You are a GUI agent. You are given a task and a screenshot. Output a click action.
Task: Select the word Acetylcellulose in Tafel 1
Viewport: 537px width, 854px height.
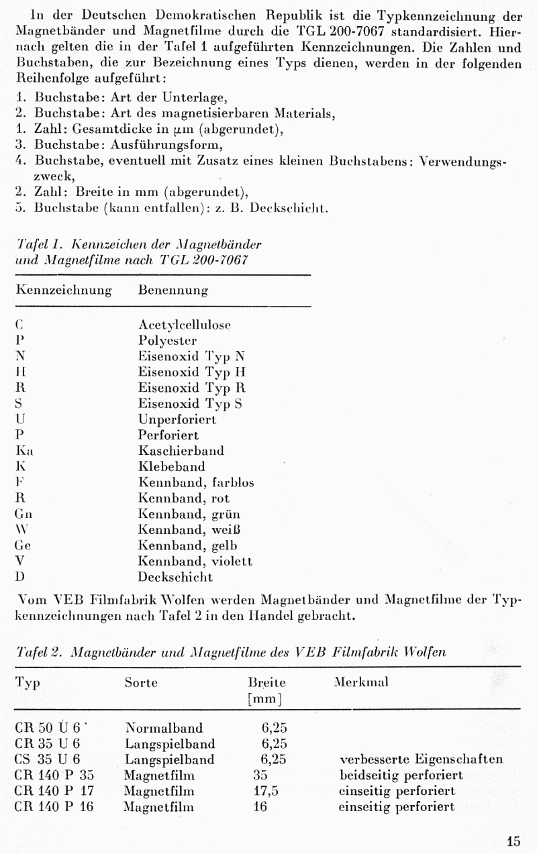pos(184,325)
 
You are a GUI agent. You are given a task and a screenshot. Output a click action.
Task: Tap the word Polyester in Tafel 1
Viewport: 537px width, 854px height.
pos(167,341)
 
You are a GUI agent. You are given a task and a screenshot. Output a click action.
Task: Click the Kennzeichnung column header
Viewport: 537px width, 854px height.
pos(63,290)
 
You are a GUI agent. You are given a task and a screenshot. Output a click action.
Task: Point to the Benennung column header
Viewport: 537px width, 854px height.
pos(173,290)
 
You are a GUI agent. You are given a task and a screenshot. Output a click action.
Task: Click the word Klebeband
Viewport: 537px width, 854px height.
pos(171,467)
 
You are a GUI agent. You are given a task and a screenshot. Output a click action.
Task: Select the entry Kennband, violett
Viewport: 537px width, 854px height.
pos(195,561)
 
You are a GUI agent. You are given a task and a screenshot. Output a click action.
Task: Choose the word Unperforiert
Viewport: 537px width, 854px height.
pos(177,420)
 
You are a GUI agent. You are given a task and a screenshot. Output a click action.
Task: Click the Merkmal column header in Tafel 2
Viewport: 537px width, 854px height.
pos(360,682)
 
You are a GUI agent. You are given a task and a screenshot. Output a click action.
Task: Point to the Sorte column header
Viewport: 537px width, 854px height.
pos(141,682)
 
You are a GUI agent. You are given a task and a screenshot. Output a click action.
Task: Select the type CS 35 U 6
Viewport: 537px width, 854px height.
pos(47,759)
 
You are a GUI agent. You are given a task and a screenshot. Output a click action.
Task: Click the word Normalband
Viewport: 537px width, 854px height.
pos(164,728)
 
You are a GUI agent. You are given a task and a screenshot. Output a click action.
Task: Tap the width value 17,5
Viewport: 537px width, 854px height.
pos(266,791)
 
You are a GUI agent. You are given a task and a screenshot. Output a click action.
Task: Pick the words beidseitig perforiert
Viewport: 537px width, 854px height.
pos(401,776)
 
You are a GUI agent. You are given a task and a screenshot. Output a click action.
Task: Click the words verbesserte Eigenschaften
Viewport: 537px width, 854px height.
pos(421,759)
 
